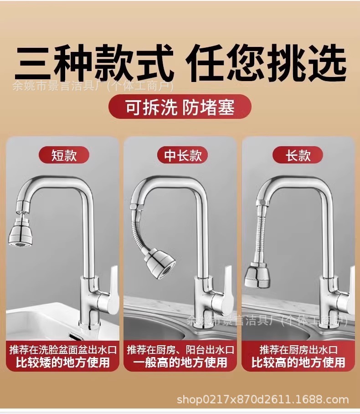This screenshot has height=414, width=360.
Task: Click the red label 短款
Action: click(x=64, y=155)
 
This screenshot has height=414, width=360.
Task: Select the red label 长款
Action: click(x=298, y=155)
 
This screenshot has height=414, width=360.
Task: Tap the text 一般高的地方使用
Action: click(x=180, y=363)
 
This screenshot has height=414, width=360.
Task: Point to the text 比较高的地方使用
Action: click(x=298, y=363)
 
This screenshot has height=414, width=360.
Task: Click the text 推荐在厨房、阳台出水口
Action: click(x=180, y=350)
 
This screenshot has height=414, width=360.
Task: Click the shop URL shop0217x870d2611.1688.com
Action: click(x=263, y=400)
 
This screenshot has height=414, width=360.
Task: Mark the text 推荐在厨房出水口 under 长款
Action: click(x=298, y=350)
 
